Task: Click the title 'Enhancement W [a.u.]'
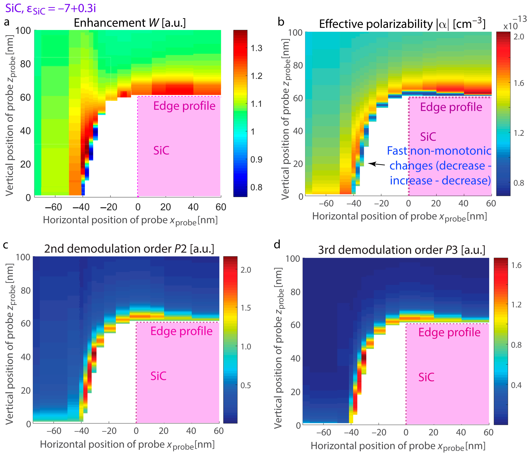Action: coord(130,23)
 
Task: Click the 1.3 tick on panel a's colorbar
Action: coord(256,48)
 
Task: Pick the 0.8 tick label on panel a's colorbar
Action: coord(256,187)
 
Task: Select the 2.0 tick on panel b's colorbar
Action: coord(519,37)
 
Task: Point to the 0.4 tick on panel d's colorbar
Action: coord(516,385)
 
